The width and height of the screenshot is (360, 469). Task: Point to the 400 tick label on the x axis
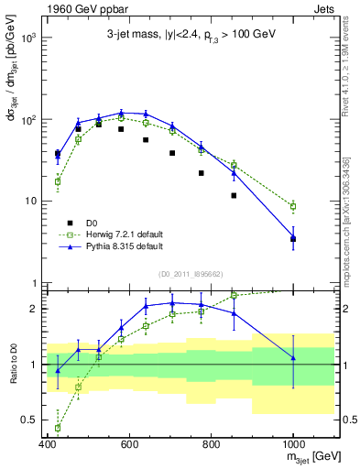[x=48, y=445]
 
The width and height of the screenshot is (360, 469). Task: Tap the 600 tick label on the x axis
[x=129, y=445]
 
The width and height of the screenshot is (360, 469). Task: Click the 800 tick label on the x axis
[x=212, y=445]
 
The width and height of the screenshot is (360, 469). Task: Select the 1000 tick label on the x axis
[x=292, y=445]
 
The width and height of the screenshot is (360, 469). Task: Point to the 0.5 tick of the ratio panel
[x=28, y=420]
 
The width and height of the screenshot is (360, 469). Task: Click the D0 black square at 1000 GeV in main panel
[x=293, y=239]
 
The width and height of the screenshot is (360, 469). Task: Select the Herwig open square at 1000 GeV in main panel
[x=293, y=206]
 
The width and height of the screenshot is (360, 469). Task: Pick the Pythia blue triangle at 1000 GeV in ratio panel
[x=293, y=357]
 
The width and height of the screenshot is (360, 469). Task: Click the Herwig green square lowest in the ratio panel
[x=58, y=427]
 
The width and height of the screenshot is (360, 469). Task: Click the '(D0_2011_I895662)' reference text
[x=189, y=273]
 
